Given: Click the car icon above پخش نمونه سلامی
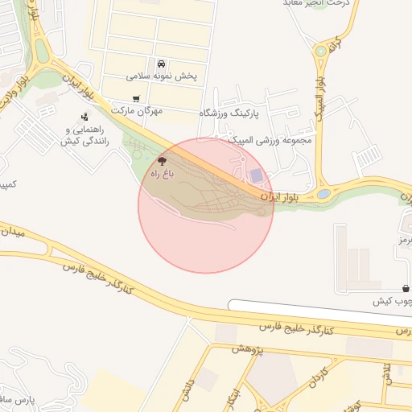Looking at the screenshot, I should (x=162, y=64).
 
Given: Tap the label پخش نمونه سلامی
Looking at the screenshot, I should (x=162, y=76).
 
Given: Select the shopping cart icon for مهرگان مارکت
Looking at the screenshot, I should (x=136, y=98).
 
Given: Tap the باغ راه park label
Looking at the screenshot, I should (x=162, y=173).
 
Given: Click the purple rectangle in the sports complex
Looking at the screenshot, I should (x=256, y=175).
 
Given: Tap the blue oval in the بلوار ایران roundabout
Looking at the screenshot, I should (x=323, y=193).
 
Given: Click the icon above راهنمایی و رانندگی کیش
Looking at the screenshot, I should (x=85, y=117).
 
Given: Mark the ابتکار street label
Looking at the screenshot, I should (x=231, y=398).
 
